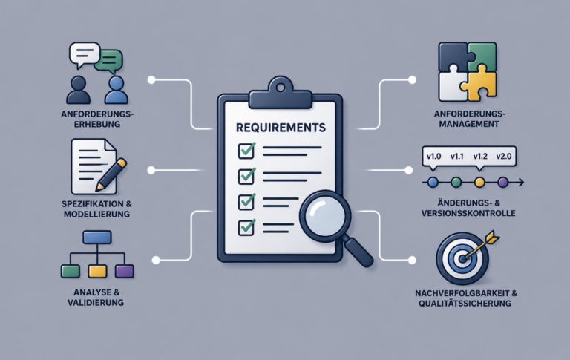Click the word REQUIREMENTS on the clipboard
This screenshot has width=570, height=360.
[281, 128]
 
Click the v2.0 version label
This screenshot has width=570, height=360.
[504, 157]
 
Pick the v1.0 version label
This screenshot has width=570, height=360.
[433, 157]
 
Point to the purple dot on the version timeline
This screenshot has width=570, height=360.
[502, 182]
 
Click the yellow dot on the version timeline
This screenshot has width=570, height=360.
[479, 182]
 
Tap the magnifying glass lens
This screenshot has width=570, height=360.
[325, 217]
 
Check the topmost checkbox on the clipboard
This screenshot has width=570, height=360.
[246, 150]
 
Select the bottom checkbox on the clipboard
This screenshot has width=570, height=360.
[246, 227]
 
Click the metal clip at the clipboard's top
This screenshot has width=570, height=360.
[281, 93]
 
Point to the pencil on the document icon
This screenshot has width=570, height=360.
[111, 175]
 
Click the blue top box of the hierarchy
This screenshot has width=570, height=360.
[97, 237]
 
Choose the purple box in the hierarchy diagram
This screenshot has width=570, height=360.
[125, 271]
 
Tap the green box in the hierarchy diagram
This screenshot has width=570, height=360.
[71, 271]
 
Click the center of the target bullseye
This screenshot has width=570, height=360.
[462, 259]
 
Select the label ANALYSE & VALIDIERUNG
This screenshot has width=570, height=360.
[96, 298]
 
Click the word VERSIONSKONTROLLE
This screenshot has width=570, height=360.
[468, 213]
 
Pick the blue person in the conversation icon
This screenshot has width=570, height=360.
[116, 90]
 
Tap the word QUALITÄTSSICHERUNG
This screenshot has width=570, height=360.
[465, 304]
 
